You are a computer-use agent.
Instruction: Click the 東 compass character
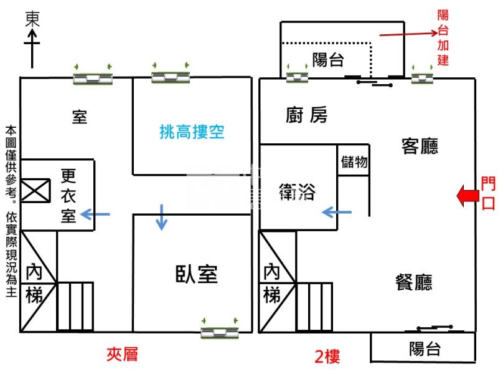[x=32, y=19]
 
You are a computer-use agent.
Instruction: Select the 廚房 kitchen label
[x=306, y=115]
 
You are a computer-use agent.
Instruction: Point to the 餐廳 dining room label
[x=414, y=282]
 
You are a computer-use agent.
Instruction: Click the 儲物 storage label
[x=354, y=162]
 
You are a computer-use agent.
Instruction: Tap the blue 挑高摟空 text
[x=192, y=132]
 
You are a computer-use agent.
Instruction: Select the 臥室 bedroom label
[x=196, y=274]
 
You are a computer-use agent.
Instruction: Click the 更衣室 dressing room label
[x=68, y=196]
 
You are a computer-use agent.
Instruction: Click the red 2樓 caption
[x=327, y=357]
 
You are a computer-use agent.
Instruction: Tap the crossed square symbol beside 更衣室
[x=35, y=190]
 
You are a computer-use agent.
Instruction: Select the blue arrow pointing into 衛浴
[x=336, y=213]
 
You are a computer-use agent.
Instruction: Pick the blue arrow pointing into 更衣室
[x=96, y=215]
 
